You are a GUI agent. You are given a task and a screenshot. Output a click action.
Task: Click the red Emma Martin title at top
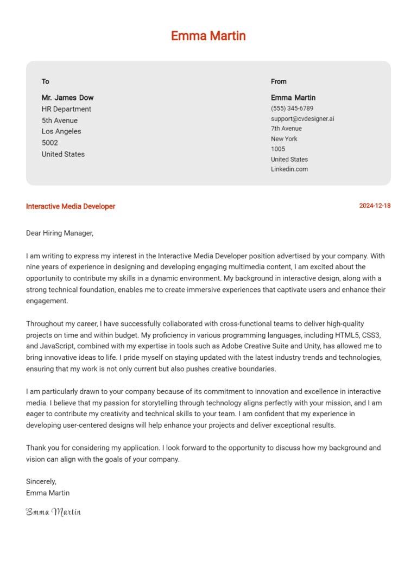[x=208, y=36]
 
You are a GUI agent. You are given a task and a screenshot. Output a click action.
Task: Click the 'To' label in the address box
[x=46, y=81]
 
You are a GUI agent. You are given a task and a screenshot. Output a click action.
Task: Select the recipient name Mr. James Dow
[x=67, y=98]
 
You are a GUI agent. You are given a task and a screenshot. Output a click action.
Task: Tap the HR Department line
[x=66, y=109]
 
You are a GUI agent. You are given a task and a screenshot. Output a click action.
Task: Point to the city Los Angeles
[x=61, y=131]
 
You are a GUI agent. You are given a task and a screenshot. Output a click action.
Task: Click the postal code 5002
[x=50, y=143]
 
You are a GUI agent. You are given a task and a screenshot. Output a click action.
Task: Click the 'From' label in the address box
[x=279, y=81]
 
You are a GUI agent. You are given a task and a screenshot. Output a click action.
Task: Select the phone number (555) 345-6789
[x=292, y=109]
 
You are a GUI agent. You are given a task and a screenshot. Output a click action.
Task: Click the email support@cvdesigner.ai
[x=302, y=118]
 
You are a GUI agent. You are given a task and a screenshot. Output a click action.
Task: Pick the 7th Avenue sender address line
[x=286, y=129]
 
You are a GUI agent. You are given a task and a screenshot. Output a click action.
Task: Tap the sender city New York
[x=284, y=139]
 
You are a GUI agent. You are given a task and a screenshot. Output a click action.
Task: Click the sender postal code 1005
[x=278, y=149]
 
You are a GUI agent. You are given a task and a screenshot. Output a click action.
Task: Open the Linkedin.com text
[x=289, y=169]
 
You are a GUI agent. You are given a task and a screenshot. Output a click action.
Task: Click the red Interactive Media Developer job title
[x=71, y=206]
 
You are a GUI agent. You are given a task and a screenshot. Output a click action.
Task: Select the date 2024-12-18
[x=375, y=206]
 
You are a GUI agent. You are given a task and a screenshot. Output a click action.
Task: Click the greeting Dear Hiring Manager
[x=60, y=233]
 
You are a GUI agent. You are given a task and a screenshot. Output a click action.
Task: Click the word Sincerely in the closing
[x=41, y=481]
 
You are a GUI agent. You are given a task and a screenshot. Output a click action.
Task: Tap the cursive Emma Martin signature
[x=53, y=512]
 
